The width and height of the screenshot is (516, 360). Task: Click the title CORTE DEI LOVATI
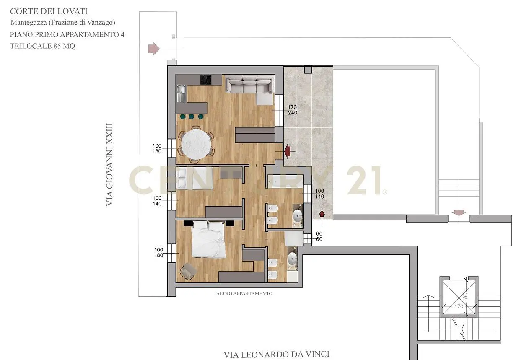(x=49, y=11)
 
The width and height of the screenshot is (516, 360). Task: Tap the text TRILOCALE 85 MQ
(x=42, y=46)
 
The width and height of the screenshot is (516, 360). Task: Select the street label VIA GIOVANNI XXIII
(x=109, y=164)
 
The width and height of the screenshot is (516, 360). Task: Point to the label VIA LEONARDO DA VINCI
(x=276, y=354)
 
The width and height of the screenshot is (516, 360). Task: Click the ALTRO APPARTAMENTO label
(x=244, y=293)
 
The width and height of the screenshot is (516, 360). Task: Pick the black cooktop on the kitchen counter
(x=206, y=80)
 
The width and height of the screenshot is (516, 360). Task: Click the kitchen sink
(x=181, y=93)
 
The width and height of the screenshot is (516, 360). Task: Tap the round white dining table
(x=196, y=144)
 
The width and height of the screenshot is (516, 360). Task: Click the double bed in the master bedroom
(x=208, y=239)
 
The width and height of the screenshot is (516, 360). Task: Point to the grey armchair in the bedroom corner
(x=188, y=271)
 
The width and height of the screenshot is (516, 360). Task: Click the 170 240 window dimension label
(x=292, y=110)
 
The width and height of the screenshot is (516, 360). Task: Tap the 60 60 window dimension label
(x=319, y=236)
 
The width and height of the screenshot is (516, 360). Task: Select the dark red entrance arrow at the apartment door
(x=287, y=151)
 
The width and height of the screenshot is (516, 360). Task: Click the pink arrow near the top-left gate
(x=154, y=49)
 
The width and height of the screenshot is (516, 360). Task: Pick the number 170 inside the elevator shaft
(x=459, y=306)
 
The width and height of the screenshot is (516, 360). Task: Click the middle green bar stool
(x=191, y=117)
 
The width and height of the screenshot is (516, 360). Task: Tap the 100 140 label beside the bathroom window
(x=319, y=194)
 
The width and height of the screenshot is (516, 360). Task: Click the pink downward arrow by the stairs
(x=459, y=212)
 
